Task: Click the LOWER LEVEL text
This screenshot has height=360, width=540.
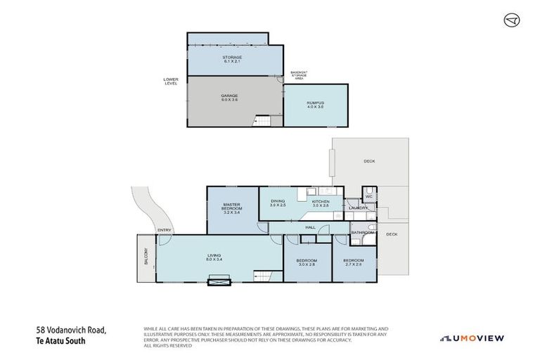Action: tap(171, 81)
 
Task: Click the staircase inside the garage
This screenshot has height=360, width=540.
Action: tap(262, 122)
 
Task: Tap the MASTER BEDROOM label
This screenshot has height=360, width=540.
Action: tap(232, 207)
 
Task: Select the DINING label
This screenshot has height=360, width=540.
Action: tap(278, 202)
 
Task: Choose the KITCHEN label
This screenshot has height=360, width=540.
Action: tap(321, 202)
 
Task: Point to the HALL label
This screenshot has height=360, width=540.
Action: tap(310, 227)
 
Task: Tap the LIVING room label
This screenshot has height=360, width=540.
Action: tap(214, 257)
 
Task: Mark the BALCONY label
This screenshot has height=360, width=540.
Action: tap(146, 257)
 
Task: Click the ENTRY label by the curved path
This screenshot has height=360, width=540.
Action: tap(164, 229)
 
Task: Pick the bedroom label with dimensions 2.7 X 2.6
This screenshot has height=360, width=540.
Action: tap(353, 262)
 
